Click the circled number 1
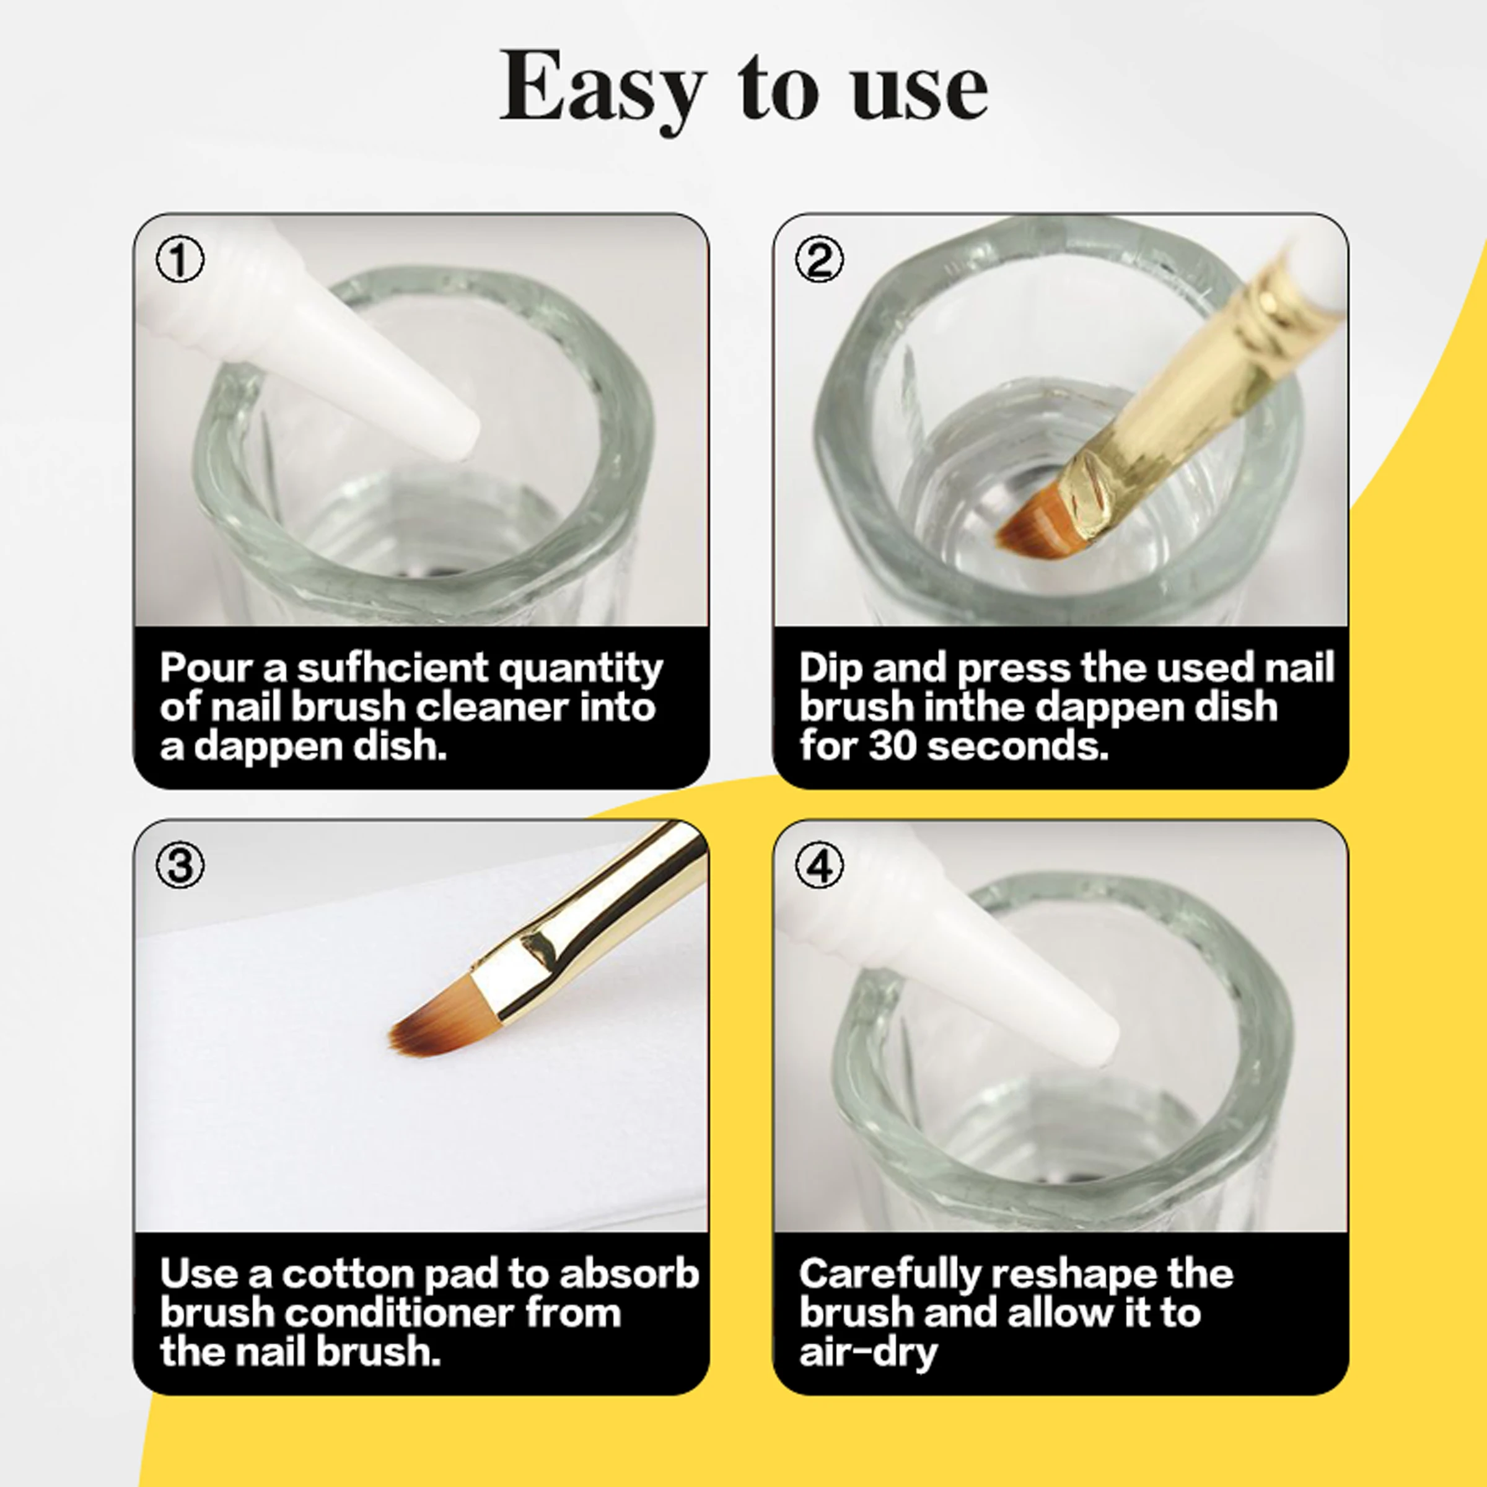click(x=180, y=260)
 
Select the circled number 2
click(x=819, y=260)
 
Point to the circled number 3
click(x=180, y=865)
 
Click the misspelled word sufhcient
click(x=393, y=668)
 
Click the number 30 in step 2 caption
click(x=892, y=747)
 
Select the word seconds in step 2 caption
click(x=1017, y=747)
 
